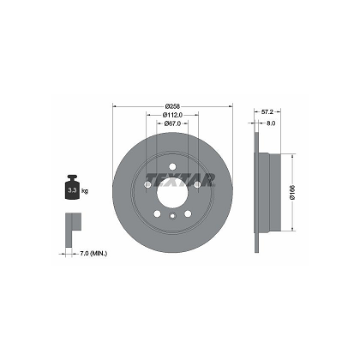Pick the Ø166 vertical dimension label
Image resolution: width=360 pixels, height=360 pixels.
291,194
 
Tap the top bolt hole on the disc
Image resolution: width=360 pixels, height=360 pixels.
172,167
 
